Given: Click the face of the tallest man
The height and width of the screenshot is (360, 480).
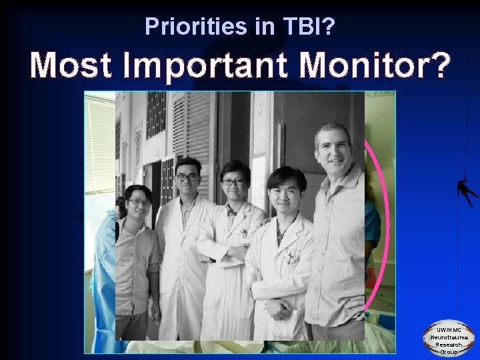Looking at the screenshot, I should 333,148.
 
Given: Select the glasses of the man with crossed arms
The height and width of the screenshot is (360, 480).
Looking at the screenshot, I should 235,181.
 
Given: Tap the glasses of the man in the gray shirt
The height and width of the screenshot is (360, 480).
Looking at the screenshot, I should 138,202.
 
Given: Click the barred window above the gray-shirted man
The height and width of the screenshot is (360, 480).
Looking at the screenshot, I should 156,113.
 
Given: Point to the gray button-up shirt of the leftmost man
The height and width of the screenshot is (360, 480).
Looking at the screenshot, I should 137,260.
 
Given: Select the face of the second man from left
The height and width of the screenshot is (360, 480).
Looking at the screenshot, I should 187,176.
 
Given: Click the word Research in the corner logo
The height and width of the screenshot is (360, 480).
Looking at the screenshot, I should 448,345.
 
